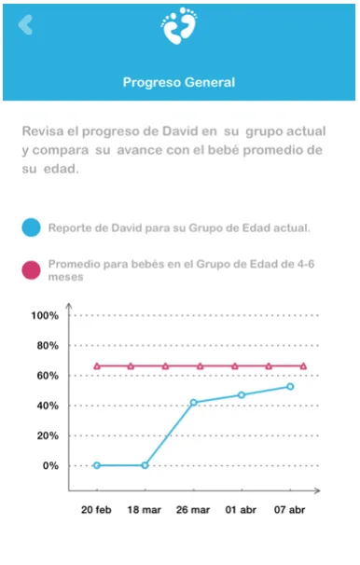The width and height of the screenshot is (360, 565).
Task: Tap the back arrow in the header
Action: click(x=25, y=24)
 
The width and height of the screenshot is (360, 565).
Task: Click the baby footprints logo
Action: click(x=179, y=25)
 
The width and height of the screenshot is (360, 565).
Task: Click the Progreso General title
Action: click(x=179, y=82)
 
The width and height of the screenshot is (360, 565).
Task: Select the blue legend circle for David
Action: click(x=32, y=227)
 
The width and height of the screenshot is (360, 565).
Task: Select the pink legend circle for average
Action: click(x=32, y=270)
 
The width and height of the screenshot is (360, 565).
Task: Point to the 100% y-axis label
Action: click(x=45, y=316)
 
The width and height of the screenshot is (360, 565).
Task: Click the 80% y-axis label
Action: click(x=48, y=346)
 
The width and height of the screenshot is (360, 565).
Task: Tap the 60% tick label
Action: click(x=48, y=376)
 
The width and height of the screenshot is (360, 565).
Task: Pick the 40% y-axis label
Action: click(x=48, y=406)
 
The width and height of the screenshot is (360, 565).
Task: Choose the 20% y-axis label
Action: click(x=48, y=436)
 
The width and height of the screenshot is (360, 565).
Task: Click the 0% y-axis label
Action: click(x=50, y=466)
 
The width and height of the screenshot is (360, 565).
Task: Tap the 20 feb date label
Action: click(x=96, y=510)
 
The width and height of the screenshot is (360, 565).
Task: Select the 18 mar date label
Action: click(x=145, y=510)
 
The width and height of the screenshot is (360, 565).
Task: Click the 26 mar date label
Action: click(x=193, y=510)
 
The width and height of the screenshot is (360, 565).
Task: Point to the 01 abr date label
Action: click(x=241, y=510)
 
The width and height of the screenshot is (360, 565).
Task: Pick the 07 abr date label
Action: click(x=289, y=510)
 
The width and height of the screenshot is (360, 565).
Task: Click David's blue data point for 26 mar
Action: click(x=193, y=402)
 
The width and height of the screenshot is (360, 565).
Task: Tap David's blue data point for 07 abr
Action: click(x=290, y=387)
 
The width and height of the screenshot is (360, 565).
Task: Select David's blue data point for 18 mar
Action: click(x=145, y=465)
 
